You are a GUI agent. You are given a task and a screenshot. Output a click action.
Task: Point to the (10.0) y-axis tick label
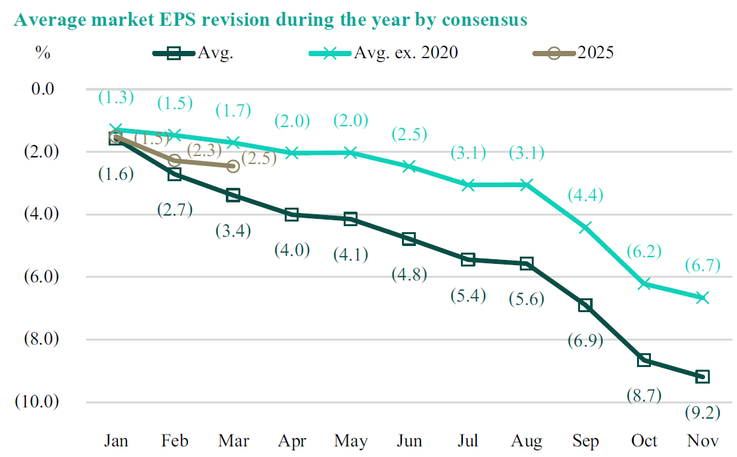(38, 402)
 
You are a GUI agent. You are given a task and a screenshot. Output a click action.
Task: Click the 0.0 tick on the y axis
(45, 89)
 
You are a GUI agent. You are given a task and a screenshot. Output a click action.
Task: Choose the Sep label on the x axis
(586, 441)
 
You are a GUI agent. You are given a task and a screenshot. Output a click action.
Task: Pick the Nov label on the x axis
(703, 441)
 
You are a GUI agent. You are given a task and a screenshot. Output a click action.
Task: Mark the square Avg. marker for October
(644, 360)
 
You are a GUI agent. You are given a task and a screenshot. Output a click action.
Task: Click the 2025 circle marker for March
(233, 166)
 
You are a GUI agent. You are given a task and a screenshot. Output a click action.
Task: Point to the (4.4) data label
(586, 196)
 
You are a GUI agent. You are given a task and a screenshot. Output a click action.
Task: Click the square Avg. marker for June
(409, 239)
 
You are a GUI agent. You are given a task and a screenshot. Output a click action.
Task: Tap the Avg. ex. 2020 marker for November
(703, 298)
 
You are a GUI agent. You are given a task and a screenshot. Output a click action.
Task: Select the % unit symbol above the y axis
(43, 54)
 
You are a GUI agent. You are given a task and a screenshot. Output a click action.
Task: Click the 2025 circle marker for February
(175, 160)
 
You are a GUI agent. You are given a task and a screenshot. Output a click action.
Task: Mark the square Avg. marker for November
(703, 376)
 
